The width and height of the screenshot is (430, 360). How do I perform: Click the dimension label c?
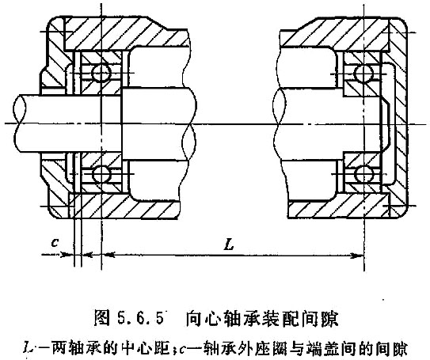pos(55,242)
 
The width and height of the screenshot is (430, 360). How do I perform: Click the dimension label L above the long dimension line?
pos(229,244)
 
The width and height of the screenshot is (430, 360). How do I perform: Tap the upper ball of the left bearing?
pos(101,73)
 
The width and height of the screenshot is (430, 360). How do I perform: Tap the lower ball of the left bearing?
pos(101,174)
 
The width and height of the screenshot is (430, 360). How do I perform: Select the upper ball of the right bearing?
pos(364,74)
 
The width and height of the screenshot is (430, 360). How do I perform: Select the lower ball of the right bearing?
pos(364,174)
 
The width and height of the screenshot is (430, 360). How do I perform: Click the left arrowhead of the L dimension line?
pos(108,255)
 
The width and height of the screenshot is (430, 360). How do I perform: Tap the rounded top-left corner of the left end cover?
pos(52,21)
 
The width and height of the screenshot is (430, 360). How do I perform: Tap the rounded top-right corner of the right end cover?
pos(403,22)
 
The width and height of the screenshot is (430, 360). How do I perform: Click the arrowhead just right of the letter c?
pos(65,255)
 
